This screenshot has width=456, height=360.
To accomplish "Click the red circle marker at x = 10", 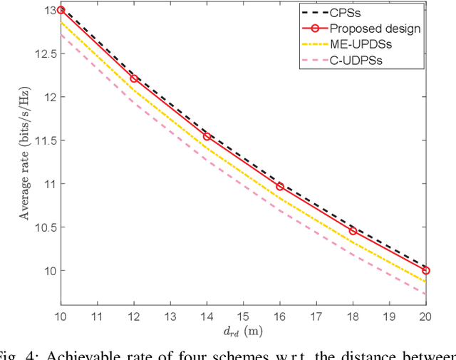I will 61,11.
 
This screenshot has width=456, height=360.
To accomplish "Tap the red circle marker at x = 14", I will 207,136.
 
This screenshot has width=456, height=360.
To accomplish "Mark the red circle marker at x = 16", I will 280,186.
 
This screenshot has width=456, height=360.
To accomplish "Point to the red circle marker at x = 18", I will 353,230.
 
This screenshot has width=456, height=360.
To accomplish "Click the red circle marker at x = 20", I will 426,270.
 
